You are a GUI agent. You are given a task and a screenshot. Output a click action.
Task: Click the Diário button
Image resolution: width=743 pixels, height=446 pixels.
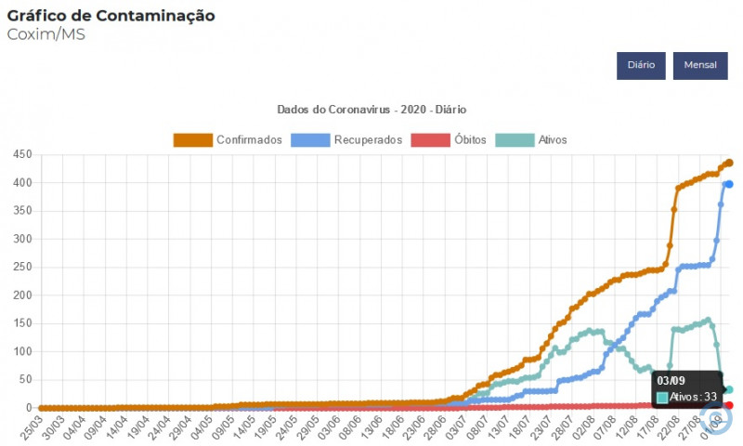(x=641, y=65)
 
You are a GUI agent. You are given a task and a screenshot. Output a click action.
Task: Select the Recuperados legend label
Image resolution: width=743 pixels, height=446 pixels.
(x=368, y=139)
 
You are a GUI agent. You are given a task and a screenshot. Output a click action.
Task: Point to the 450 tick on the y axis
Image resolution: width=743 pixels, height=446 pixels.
(x=20, y=154)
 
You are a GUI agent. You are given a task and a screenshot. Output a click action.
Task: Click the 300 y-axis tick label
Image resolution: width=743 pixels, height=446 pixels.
(x=20, y=239)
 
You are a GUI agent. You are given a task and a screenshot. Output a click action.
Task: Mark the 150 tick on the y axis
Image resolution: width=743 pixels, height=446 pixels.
(x=20, y=323)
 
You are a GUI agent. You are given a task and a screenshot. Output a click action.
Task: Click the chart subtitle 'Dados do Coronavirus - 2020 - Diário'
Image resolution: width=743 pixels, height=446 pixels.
(x=371, y=109)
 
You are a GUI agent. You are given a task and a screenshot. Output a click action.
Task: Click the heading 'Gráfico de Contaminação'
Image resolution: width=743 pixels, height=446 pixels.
(x=111, y=16)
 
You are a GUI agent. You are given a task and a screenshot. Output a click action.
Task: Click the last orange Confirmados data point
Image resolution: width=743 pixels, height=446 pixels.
(x=729, y=163)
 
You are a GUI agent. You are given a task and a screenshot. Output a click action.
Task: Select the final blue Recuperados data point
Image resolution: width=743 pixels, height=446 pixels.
(x=729, y=184)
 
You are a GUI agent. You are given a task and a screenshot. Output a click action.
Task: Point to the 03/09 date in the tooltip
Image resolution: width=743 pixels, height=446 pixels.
(x=671, y=381)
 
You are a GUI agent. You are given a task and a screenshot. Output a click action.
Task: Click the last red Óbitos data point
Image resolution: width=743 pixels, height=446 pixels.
(x=729, y=405)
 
